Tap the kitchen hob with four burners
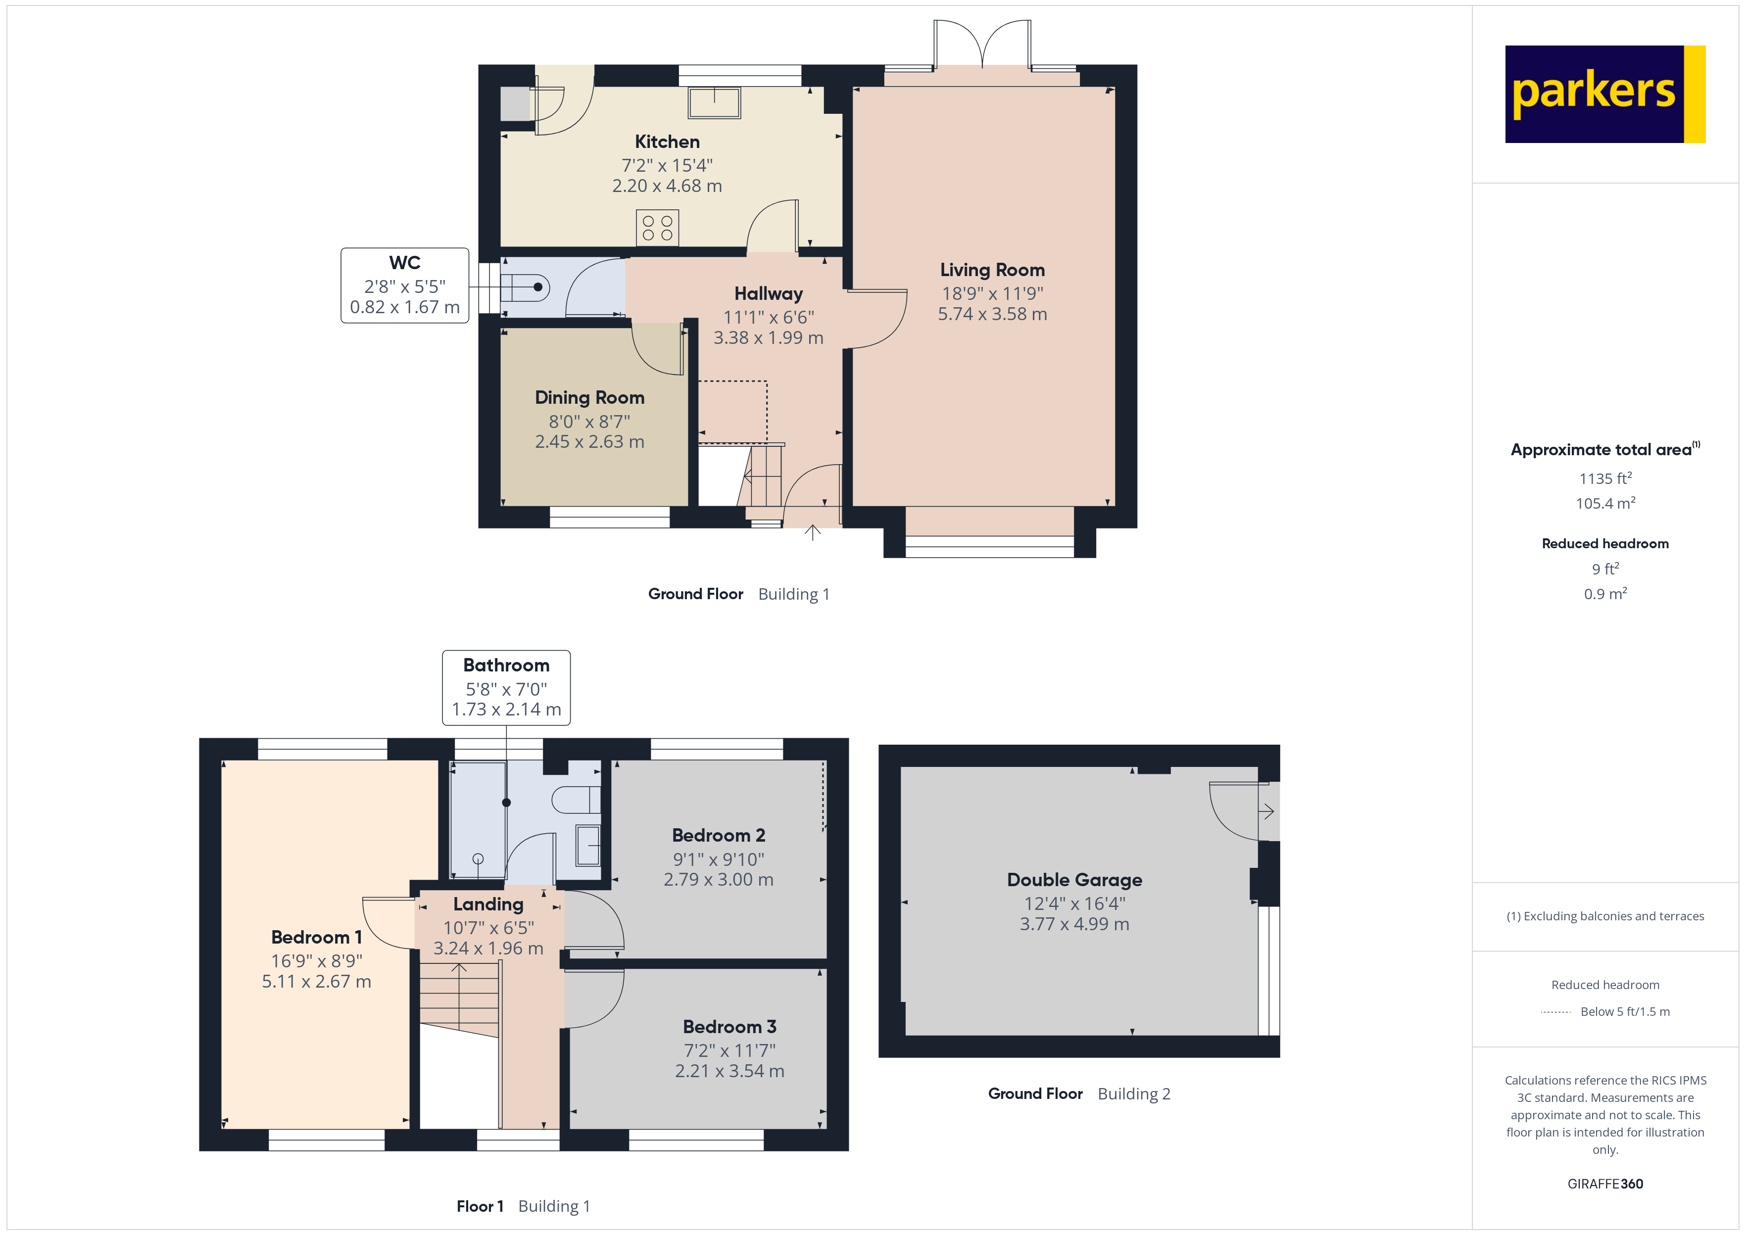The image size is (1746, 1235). tap(657, 228)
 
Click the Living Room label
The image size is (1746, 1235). tap(992, 270)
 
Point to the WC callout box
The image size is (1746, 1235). tap(404, 285)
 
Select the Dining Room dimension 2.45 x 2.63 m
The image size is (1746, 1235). tap(589, 442)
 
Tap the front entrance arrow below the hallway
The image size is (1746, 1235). tap(812, 532)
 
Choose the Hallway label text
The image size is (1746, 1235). tap(768, 293)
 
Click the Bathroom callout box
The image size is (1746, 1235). tap(506, 687)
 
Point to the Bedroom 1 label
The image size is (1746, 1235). tap(316, 937)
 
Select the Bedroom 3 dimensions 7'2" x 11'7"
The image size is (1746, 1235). tap(729, 1050)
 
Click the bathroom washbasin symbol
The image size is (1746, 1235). tap(588, 846)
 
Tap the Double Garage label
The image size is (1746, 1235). tap(1074, 880)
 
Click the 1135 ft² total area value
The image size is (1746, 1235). tap(1604, 478)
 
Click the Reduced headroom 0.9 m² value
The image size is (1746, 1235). tap(1604, 594)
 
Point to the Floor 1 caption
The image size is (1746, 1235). tap(480, 1206)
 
